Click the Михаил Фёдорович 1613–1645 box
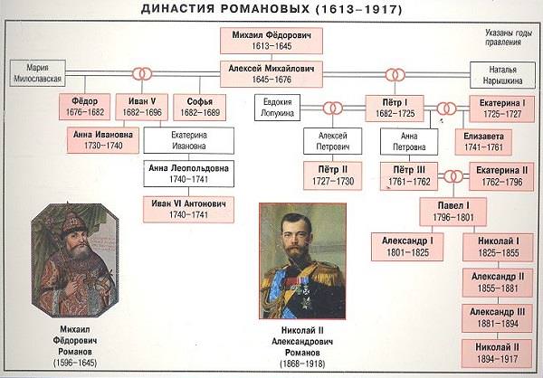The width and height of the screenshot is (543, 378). [x=271, y=41]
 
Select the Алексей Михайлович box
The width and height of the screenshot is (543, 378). [x=271, y=74]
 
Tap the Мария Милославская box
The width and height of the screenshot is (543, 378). [x=37, y=73]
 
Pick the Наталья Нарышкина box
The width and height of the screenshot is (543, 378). [x=502, y=75]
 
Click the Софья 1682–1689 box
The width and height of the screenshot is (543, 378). [x=199, y=107]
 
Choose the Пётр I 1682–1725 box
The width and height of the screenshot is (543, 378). [x=395, y=109]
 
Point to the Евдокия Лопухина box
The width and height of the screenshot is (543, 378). [x=278, y=108]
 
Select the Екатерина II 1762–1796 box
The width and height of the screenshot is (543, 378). [x=501, y=176]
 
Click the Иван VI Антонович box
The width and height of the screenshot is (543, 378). [x=188, y=210]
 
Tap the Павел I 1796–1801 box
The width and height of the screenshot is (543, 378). [x=453, y=212]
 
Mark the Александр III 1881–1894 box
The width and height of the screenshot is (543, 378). [x=497, y=317]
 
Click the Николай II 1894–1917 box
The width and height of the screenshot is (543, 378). [x=497, y=354]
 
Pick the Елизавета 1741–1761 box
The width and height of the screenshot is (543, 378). [x=483, y=142]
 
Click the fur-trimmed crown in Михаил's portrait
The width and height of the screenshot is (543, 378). [x=73, y=224]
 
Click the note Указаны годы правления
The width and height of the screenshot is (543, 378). [x=508, y=37]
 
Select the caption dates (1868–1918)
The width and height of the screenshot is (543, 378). [x=302, y=364]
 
